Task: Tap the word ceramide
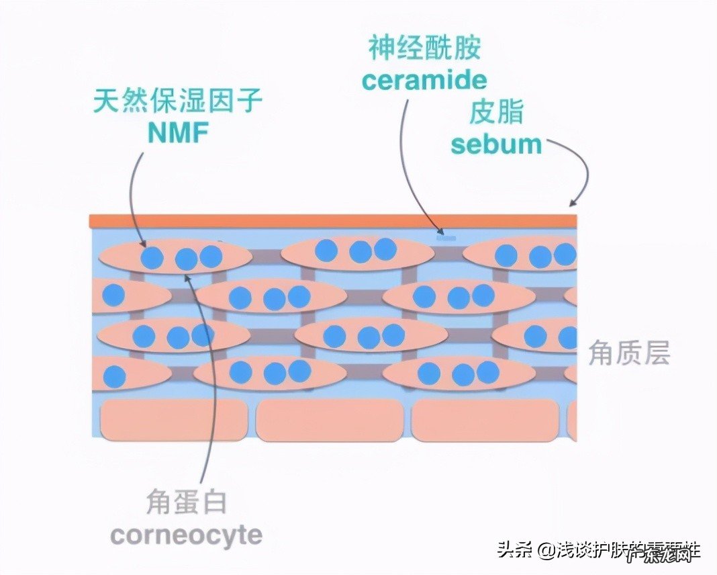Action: click(x=424, y=80)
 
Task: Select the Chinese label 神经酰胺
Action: click(x=424, y=48)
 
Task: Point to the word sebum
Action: click(x=496, y=144)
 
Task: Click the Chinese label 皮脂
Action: click(x=496, y=113)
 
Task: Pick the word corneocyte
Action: click(x=186, y=535)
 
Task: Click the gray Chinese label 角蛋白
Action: click(x=186, y=502)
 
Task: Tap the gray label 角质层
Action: click(x=629, y=353)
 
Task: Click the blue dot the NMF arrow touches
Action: click(x=152, y=257)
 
